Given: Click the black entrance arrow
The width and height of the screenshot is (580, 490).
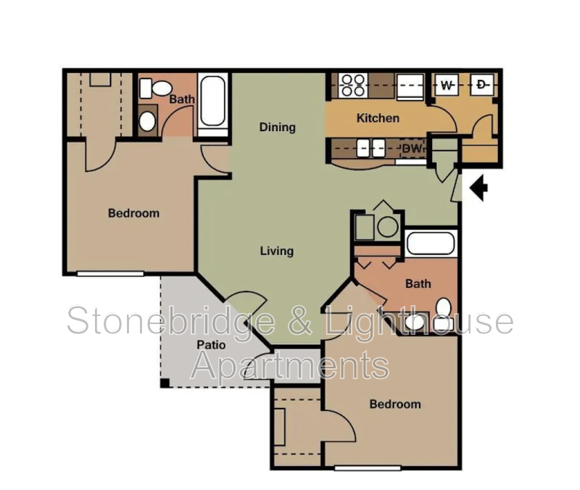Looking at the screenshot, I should [x=479, y=188].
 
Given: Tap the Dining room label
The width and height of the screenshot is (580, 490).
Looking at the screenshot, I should [x=278, y=128].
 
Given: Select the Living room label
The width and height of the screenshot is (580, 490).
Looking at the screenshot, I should [x=277, y=251].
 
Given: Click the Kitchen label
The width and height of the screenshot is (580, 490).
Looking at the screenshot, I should [x=378, y=118].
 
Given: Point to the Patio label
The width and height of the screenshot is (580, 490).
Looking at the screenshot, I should [x=211, y=345].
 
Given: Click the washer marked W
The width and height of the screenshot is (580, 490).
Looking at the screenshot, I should [x=447, y=86].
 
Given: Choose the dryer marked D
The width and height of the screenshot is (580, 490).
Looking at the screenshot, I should [x=483, y=86].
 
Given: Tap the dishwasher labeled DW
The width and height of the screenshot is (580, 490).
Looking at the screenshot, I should [x=412, y=149].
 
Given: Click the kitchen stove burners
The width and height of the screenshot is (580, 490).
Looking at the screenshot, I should [x=353, y=86].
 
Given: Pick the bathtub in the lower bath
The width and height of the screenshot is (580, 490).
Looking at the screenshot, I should [x=431, y=243].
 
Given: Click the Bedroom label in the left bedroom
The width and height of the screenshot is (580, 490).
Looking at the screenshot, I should [x=133, y=213].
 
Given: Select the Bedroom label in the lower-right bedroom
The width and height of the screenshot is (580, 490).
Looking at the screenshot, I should [x=395, y=404].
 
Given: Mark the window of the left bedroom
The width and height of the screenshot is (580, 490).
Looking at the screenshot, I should [x=110, y=273].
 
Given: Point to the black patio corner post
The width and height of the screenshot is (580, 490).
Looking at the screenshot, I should [x=165, y=383].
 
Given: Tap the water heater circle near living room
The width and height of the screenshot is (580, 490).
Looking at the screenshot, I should [x=388, y=227].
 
